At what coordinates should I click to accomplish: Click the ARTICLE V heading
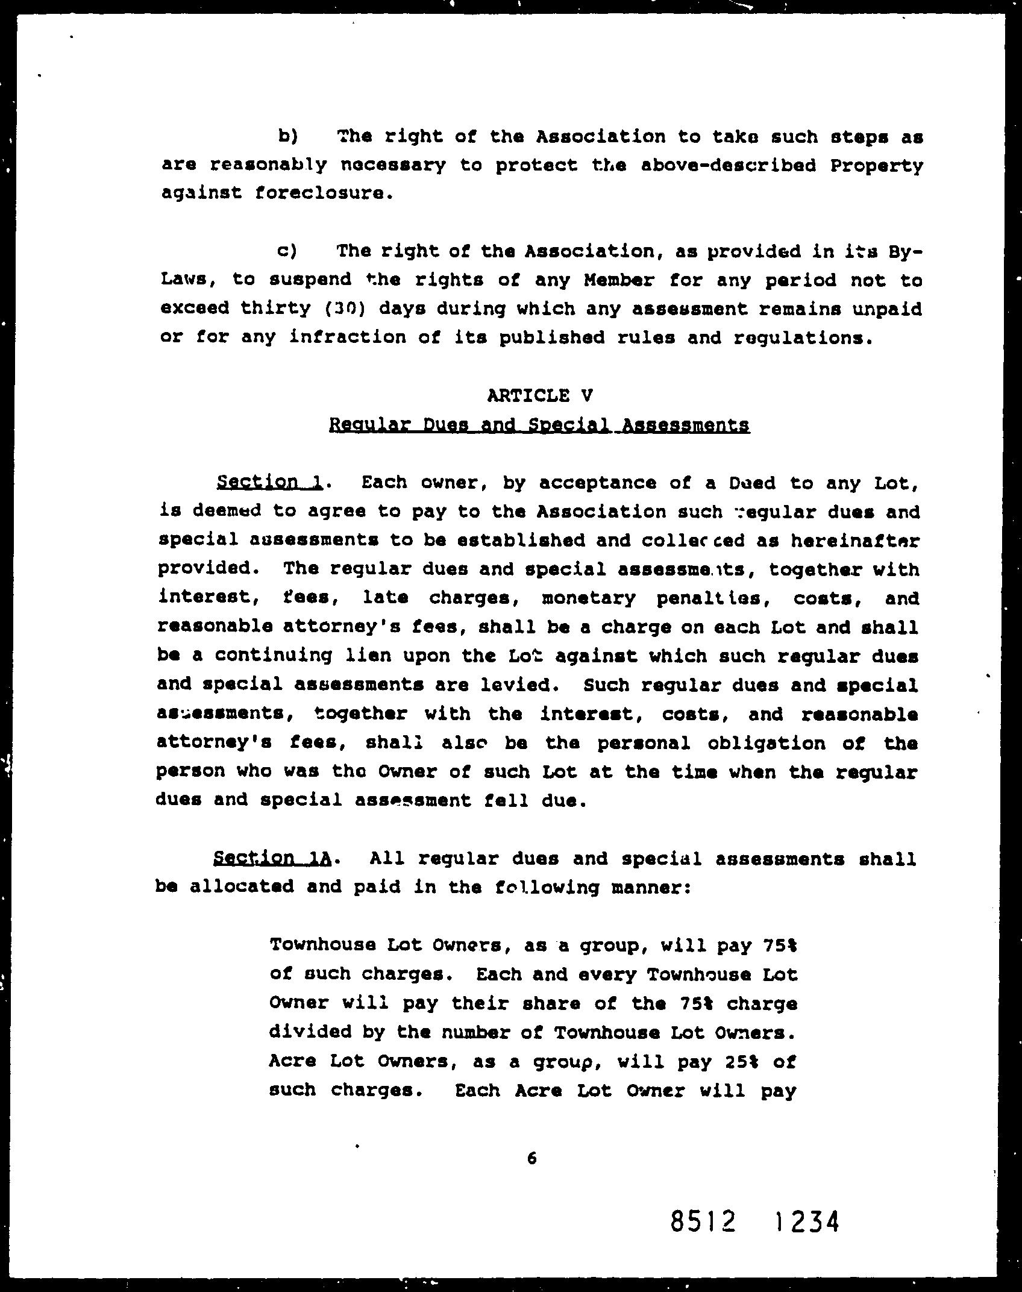[539, 395]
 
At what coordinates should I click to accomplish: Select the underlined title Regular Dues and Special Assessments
[539, 425]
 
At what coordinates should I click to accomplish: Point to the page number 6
[531, 1158]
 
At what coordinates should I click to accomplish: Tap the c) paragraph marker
[287, 251]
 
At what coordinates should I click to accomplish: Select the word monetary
[588, 598]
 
